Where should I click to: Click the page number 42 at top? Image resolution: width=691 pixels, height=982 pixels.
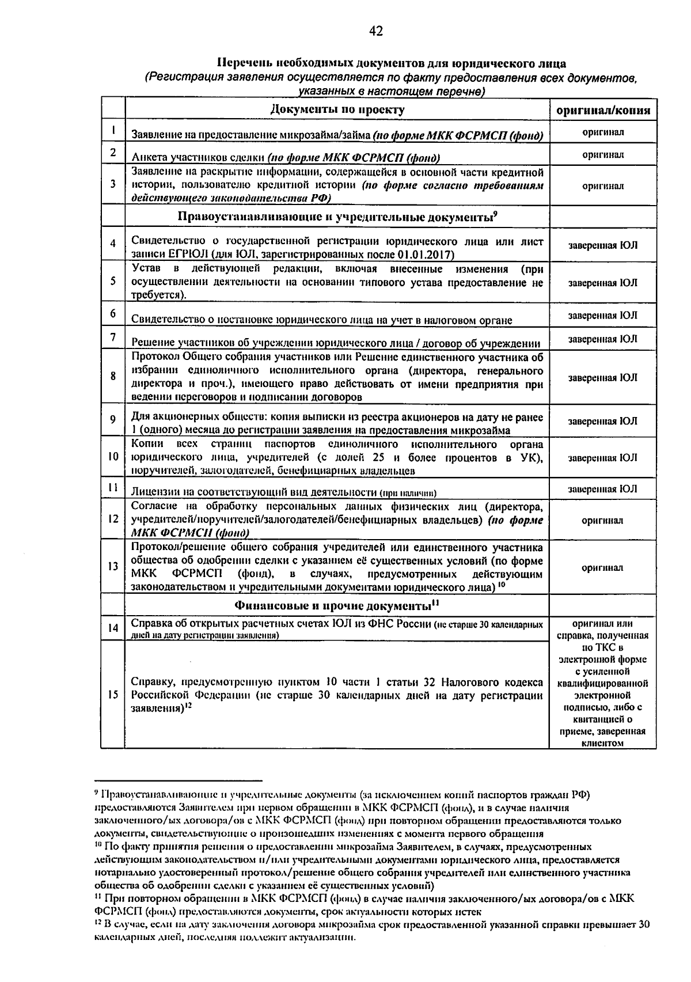click(376, 31)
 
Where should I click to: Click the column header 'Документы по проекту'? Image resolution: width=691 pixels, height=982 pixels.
click(337, 109)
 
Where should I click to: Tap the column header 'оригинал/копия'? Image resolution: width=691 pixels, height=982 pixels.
click(603, 111)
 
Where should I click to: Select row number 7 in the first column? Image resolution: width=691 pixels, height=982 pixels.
click(113, 336)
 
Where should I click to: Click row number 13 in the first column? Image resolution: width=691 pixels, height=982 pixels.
click(113, 566)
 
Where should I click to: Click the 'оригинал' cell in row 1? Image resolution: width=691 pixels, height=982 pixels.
click(603, 132)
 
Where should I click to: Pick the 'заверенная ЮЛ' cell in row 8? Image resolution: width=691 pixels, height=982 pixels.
click(603, 377)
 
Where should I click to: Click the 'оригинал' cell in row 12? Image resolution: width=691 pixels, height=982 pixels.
click(603, 520)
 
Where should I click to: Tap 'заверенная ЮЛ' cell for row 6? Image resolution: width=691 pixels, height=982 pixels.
click(603, 316)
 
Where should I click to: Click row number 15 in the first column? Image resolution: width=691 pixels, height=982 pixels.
click(113, 695)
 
